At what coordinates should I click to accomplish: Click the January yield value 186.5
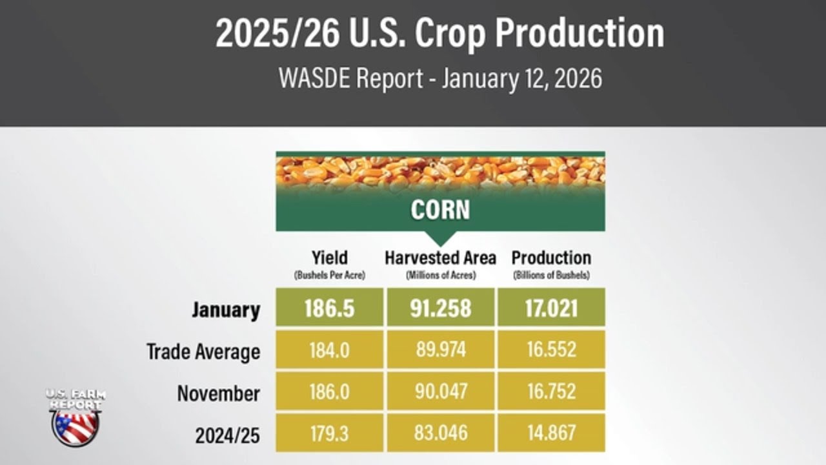(330, 308)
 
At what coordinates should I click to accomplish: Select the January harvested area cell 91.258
(441, 308)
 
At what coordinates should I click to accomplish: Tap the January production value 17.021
(551, 308)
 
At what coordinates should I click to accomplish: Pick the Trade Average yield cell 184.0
(330, 350)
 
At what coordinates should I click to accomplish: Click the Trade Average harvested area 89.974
(441, 350)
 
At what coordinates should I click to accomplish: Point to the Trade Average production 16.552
(551, 350)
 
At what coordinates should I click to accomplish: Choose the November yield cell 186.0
(330, 392)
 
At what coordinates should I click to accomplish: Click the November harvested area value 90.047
(441, 392)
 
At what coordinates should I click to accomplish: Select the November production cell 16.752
(551, 392)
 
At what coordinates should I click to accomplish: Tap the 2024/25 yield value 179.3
(330, 433)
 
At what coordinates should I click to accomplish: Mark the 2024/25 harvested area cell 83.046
(441, 433)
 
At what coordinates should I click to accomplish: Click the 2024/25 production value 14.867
(551, 433)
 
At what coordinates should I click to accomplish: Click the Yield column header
(330, 258)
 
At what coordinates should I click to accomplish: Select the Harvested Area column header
(441, 258)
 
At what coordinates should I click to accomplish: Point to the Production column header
(551, 258)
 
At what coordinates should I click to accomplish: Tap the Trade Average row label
(203, 351)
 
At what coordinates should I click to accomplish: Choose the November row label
(219, 393)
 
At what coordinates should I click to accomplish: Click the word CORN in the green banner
(440, 210)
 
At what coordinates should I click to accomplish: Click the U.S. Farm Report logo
(76, 417)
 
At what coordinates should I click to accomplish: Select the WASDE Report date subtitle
(440, 79)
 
